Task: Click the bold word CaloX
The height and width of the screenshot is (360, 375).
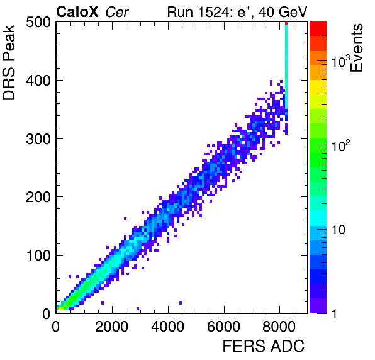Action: pyautogui.click(x=77, y=12)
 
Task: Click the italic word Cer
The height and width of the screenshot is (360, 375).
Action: pyautogui.click(x=117, y=12)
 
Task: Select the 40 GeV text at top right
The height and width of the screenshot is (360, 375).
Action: pyautogui.click(x=283, y=12)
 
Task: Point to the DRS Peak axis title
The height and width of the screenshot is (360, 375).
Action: pyautogui.click(x=9, y=63)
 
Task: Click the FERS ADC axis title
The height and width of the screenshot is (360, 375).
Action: pyautogui.click(x=264, y=346)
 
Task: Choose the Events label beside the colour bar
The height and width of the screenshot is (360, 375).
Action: pyautogui.click(x=357, y=48)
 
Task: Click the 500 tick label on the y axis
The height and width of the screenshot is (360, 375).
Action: pyautogui.click(x=38, y=23)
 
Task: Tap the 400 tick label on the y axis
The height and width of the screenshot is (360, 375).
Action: pyautogui.click(x=38, y=81)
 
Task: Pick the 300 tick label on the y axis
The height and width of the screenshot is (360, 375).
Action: pyautogui.click(x=38, y=139)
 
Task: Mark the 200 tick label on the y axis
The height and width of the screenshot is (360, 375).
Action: pyautogui.click(x=38, y=197)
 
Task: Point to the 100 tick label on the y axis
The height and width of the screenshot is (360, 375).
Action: pyautogui.click(x=38, y=256)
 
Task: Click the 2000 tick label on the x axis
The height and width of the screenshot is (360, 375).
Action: pyautogui.click(x=112, y=327)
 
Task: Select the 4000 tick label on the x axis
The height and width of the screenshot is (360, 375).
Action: pyautogui.click(x=168, y=327)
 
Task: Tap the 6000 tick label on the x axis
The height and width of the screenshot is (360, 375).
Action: pyautogui.click(x=223, y=327)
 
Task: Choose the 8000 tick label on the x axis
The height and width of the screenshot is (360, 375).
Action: pyautogui.click(x=279, y=327)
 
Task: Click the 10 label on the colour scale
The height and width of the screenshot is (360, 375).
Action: pyautogui.click(x=338, y=230)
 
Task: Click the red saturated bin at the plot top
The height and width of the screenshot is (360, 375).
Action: pyautogui.click(x=286, y=23)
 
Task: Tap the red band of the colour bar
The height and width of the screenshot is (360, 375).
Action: pyautogui.click(x=318, y=29)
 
